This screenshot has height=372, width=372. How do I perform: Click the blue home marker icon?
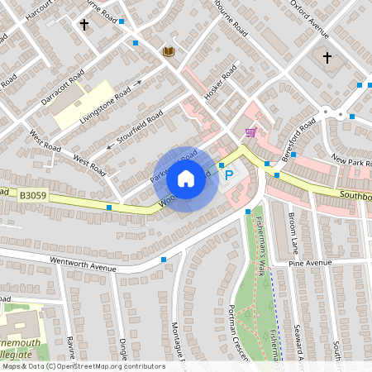pyautogui.click(x=186, y=178)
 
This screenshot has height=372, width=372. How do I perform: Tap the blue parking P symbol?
pyautogui.click(x=229, y=175)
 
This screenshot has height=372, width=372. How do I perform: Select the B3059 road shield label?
pyautogui.click(x=33, y=195)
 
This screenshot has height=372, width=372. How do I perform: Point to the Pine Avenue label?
pyautogui.click(x=310, y=262)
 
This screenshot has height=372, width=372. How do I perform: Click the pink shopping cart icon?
pyautogui.click(x=250, y=132)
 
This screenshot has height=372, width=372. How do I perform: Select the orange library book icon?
pyautogui.click(x=169, y=51)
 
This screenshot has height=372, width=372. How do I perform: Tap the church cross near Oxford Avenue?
pyautogui.click(x=327, y=58)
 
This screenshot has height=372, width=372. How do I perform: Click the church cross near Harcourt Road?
pyautogui.click(x=83, y=25)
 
